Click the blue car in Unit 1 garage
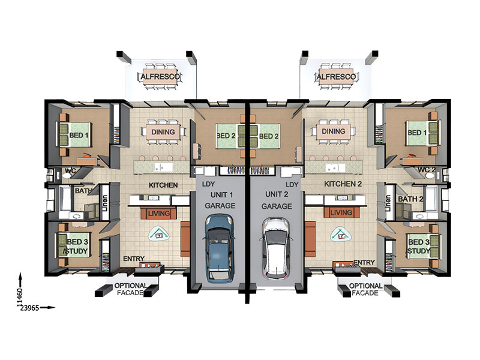tap(220, 248)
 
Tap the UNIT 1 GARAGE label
tap(220, 200)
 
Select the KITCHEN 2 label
tap(343, 184)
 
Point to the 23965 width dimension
tap(29, 308)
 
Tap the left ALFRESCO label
tap(160, 77)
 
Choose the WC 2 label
tap(427, 170)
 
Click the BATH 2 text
tap(410, 199)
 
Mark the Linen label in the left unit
tap(105, 203)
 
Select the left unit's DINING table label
tap(163, 132)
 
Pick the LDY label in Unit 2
tap(292, 185)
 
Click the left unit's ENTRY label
tap(134, 259)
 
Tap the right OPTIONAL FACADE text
tap(365, 289)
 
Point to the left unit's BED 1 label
tap(79, 135)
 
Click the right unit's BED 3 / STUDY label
tap(419, 247)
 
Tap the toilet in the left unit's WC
tap(66, 175)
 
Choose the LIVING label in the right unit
tap(341, 212)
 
